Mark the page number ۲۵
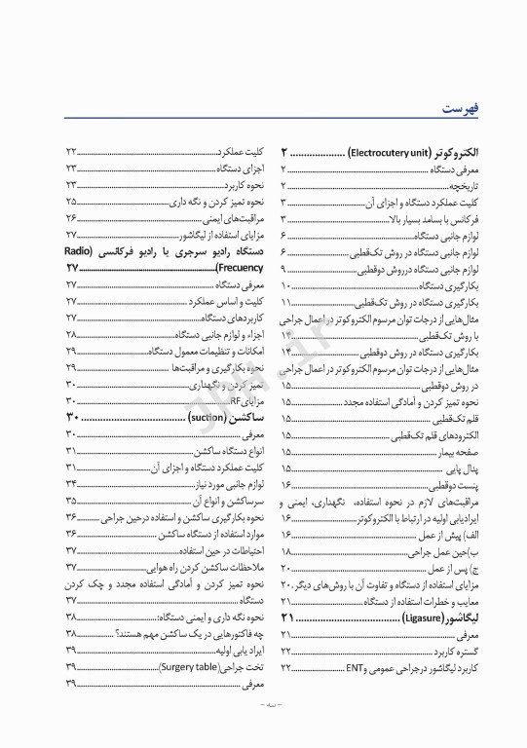point(71,201)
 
